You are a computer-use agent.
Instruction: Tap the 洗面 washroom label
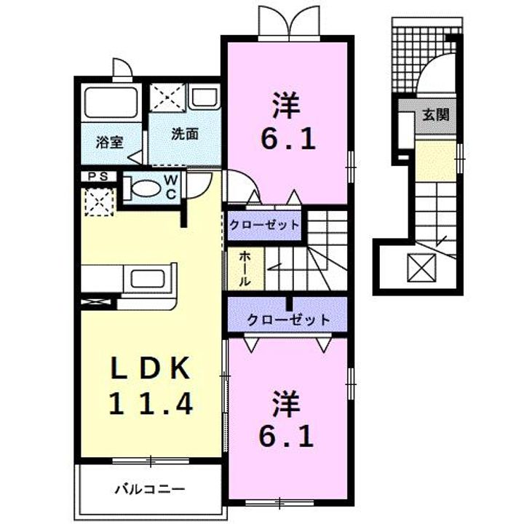point(185,135)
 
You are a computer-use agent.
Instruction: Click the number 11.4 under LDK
point(151,402)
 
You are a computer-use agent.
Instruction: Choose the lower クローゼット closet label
point(287,319)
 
